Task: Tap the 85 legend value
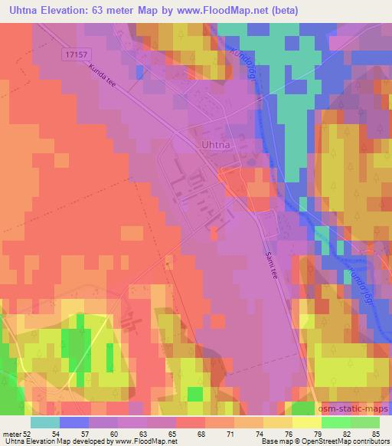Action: (x=375, y=434)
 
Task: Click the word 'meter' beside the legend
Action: (x=11, y=434)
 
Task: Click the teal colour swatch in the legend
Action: (x=45, y=422)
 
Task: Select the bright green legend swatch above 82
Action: (x=336, y=422)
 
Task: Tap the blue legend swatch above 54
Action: (x=74, y=422)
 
